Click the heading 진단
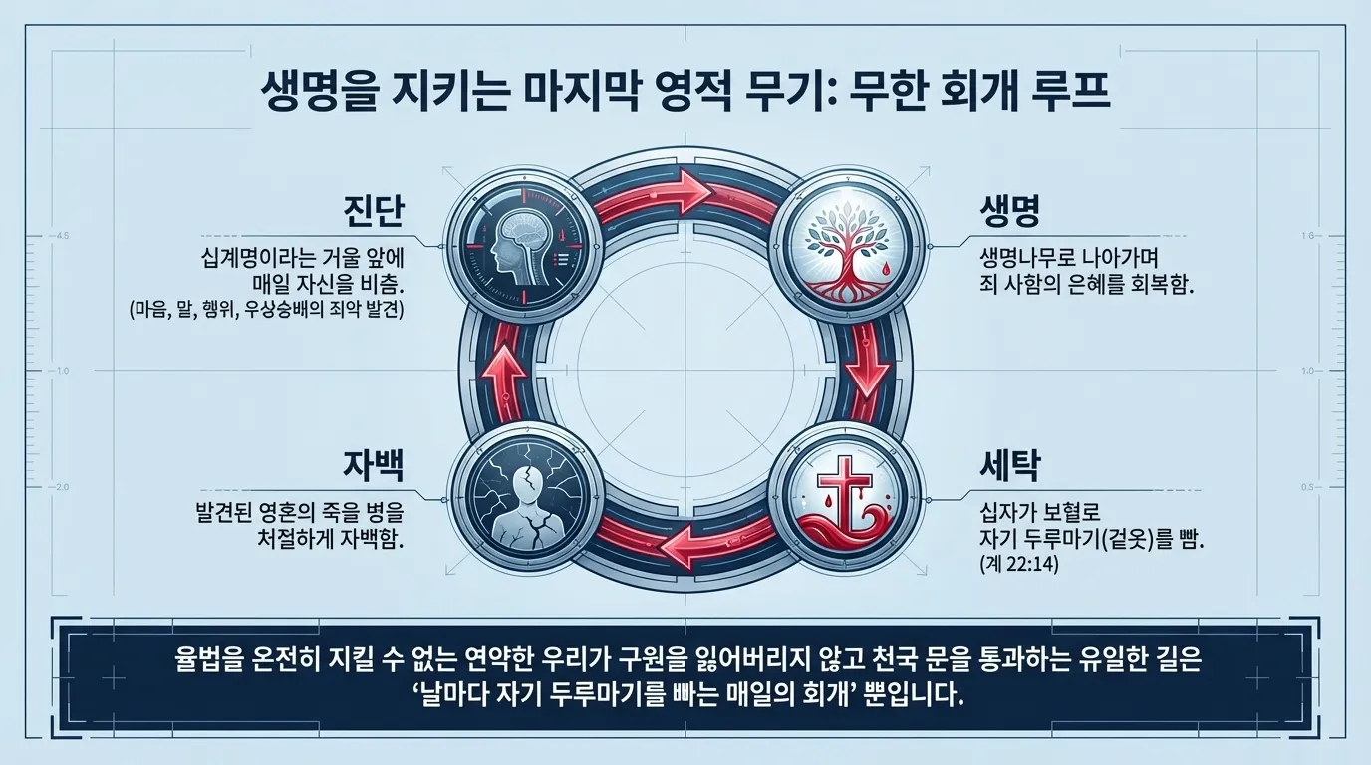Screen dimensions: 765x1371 (368, 213)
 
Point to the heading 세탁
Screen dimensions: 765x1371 (1008, 465)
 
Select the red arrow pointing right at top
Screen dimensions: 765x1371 (684, 189)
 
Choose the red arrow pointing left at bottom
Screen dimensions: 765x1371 (684, 547)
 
